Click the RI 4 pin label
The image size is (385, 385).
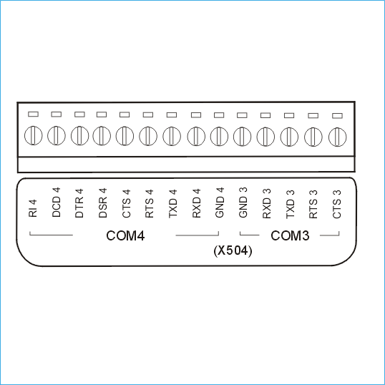click(33, 208)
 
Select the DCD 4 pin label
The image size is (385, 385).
click(57, 203)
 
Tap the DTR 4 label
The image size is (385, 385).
click(79, 203)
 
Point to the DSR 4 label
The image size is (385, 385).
click(102, 203)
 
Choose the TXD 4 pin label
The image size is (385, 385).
click(173, 203)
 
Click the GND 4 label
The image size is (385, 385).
click(220, 203)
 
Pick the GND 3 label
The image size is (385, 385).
click(243, 203)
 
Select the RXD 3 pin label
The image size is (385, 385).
click(267, 203)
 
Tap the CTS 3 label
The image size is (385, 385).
click(337, 204)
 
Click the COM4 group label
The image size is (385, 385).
click(125, 235)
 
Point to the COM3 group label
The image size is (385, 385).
click(290, 235)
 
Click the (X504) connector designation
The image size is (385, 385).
click(233, 251)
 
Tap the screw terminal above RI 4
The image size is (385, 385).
click(34, 135)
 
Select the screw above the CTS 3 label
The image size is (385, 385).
click(338, 137)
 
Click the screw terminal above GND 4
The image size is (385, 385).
click(219, 136)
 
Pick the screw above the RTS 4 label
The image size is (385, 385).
click(148, 136)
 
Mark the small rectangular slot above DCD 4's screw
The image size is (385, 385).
click(57, 114)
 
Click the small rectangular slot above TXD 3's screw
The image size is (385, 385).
click(289, 115)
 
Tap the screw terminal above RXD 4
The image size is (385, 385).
click(196, 136)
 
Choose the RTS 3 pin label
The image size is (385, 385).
click(313, 204)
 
